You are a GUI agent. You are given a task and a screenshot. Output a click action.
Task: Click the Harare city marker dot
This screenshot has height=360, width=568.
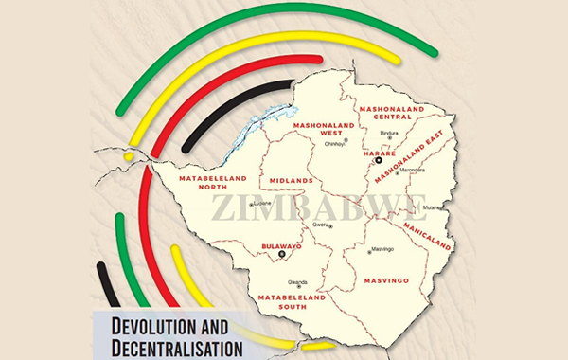[377, 161]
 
